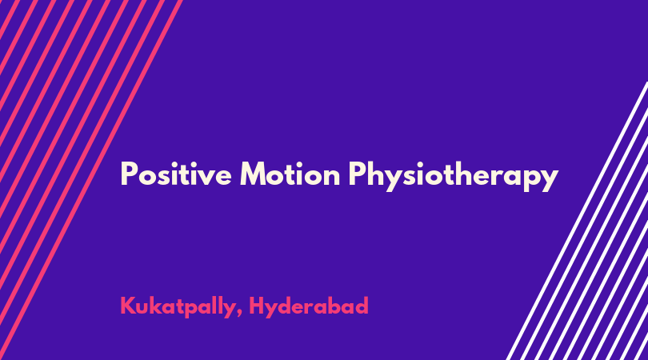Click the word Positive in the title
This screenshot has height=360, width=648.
[x=176, y=174]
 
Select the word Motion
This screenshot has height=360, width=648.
[x=290, y=174]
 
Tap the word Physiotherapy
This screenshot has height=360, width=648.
[x=453, y=177]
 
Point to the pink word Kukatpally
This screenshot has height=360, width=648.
[x=178, y=306]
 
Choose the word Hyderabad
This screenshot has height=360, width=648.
[x=309, y=306]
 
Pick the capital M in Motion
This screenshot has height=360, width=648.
[x=254, y=174]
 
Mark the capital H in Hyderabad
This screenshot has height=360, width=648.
[x=257, y=306]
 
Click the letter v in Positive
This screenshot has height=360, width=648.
[x=205, y=178]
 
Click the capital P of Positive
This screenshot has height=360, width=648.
[x=128, y=174]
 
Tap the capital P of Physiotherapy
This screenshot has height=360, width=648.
[x=356, y=174]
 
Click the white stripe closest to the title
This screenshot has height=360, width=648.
[x=578, y=221]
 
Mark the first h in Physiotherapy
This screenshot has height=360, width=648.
[x=376, y=173]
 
